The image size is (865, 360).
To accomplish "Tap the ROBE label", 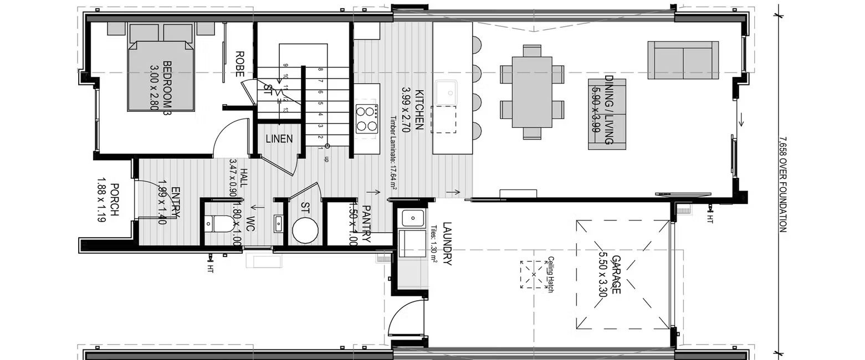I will click(x=240, y=64).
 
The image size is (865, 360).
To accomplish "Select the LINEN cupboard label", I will click(x=279, y=139).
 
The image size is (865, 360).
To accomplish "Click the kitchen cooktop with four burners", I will click(x=366, y=118).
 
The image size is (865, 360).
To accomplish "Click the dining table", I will click(x=532, y=92).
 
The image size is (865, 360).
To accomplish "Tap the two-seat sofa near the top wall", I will click(x=683, y=60).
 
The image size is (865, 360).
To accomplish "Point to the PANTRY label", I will click(x=366, y=224).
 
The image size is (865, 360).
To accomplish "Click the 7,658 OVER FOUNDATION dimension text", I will click(x=782, y=184).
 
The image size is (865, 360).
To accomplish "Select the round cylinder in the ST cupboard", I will click(x=305, y=230).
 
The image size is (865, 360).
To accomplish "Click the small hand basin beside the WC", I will click(x=279, y=223).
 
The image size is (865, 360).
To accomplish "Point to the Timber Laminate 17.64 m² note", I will click(x=393, y=153).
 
